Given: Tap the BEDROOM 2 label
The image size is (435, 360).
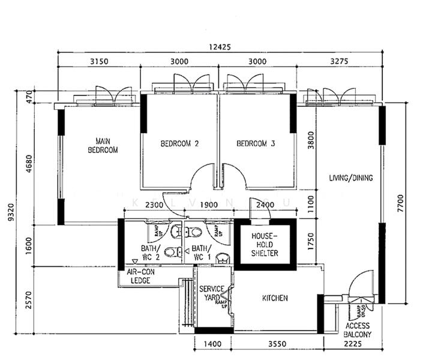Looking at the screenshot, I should [179, 144].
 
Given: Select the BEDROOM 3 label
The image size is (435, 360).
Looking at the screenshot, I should [256, 144].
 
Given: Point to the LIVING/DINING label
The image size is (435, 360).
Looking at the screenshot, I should [350, 178].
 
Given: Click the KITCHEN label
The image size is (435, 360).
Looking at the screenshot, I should [275, 298].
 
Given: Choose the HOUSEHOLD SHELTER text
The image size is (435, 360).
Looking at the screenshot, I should [264, 245].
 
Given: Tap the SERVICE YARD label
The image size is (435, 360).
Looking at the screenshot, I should [212, 293].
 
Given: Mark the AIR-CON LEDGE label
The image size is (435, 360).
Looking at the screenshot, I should [140, 276].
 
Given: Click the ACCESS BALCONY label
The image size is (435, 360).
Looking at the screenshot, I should [358, 331].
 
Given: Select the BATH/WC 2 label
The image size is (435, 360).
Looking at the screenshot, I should [149, 253].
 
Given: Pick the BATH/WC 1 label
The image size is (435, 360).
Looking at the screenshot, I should [201, 253].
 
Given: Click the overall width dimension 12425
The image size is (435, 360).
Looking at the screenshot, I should [220, 47].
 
